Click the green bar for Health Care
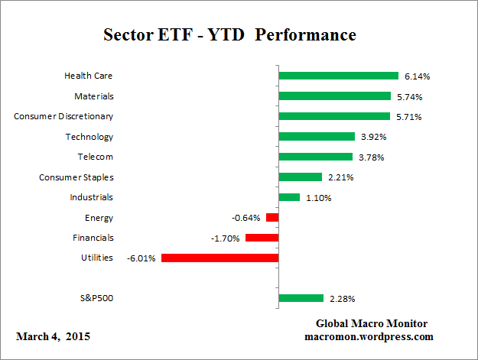[x=339, y=76]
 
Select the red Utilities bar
[x=219, y=258]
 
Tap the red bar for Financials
[x=262, y=238]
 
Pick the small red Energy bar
[x=272, y=218]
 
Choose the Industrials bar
[x=290, y=197]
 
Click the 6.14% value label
[x=418, y=76]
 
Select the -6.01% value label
[x=141, y=258]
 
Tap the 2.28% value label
[x=343, y=299]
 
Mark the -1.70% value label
[x=226, y=238]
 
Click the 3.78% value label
[x=372, y=157]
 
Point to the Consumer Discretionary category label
[x=63, y=116]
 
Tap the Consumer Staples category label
[x=76, y=177]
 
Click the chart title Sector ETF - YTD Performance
[x=229, y=35]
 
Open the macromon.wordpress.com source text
[x=369, y=336]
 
